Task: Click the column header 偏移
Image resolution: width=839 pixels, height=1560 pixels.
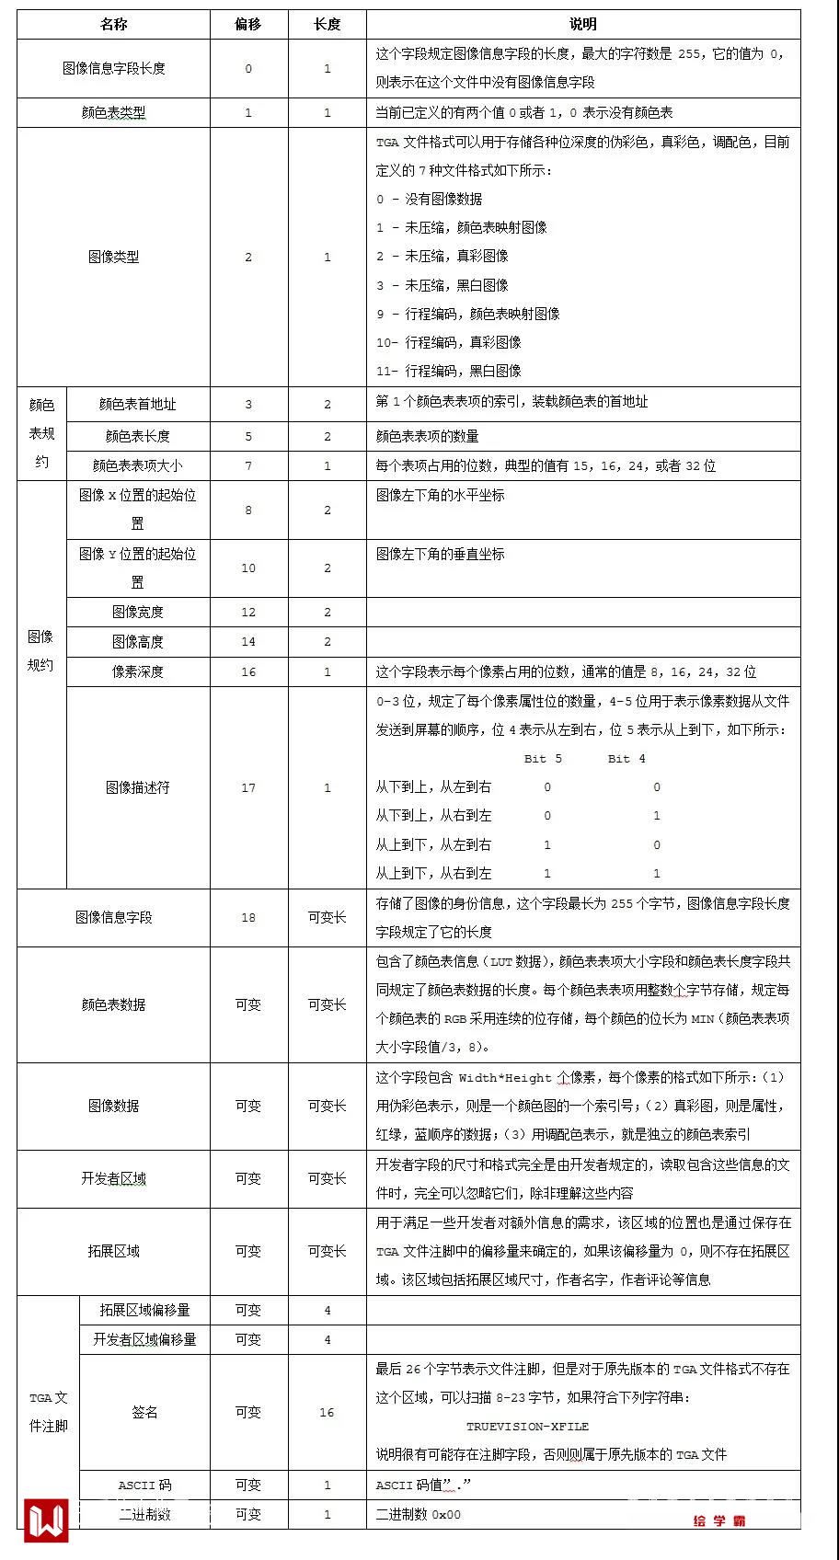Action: pos(248,24)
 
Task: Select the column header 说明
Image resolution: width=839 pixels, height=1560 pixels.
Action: pos(582,24)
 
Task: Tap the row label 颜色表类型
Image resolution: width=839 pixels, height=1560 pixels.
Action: pos(113,112)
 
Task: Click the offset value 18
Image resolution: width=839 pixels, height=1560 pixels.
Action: pos(248,917)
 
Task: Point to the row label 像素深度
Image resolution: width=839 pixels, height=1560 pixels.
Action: pos(138,671)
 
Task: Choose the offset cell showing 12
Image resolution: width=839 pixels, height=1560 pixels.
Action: pos(248,612)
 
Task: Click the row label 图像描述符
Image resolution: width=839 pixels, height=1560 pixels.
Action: pos(138,787)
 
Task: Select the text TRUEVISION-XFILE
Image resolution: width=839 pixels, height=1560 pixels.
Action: pos(527,1427)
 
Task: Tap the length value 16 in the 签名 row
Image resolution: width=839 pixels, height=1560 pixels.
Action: pos(327,1412)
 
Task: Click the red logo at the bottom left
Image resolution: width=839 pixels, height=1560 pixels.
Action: pos(46,1520)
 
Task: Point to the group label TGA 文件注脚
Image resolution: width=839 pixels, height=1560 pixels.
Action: pos(48,1412)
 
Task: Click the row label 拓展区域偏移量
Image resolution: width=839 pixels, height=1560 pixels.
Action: pos(144,1310)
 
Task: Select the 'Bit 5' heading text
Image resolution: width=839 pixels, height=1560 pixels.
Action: pos(543,759)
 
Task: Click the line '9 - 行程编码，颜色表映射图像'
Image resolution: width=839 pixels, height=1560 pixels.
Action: pos(467,314)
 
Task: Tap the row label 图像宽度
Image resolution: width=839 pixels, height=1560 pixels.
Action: pos(138,612)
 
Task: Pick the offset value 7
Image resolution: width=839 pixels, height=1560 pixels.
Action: pos(248,465)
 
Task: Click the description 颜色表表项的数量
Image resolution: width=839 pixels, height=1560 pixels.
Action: pos(427,436)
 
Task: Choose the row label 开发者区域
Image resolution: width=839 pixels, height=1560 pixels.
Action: pos(113,1178)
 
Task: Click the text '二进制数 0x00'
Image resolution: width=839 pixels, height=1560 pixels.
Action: pos(419,1514)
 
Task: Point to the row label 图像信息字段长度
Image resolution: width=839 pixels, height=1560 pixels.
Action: pos(113,68)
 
